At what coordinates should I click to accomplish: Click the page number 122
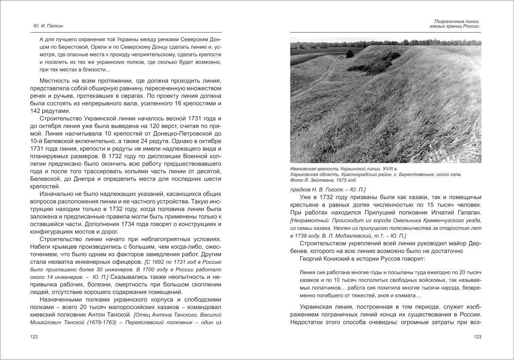tap(34, 337)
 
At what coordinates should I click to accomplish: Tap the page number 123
tap(477, 337)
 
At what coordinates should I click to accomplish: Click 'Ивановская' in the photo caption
tap(305, 168)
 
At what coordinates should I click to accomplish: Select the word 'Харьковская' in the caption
tap(305, 174)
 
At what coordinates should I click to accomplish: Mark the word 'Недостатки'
tap(309, 323)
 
